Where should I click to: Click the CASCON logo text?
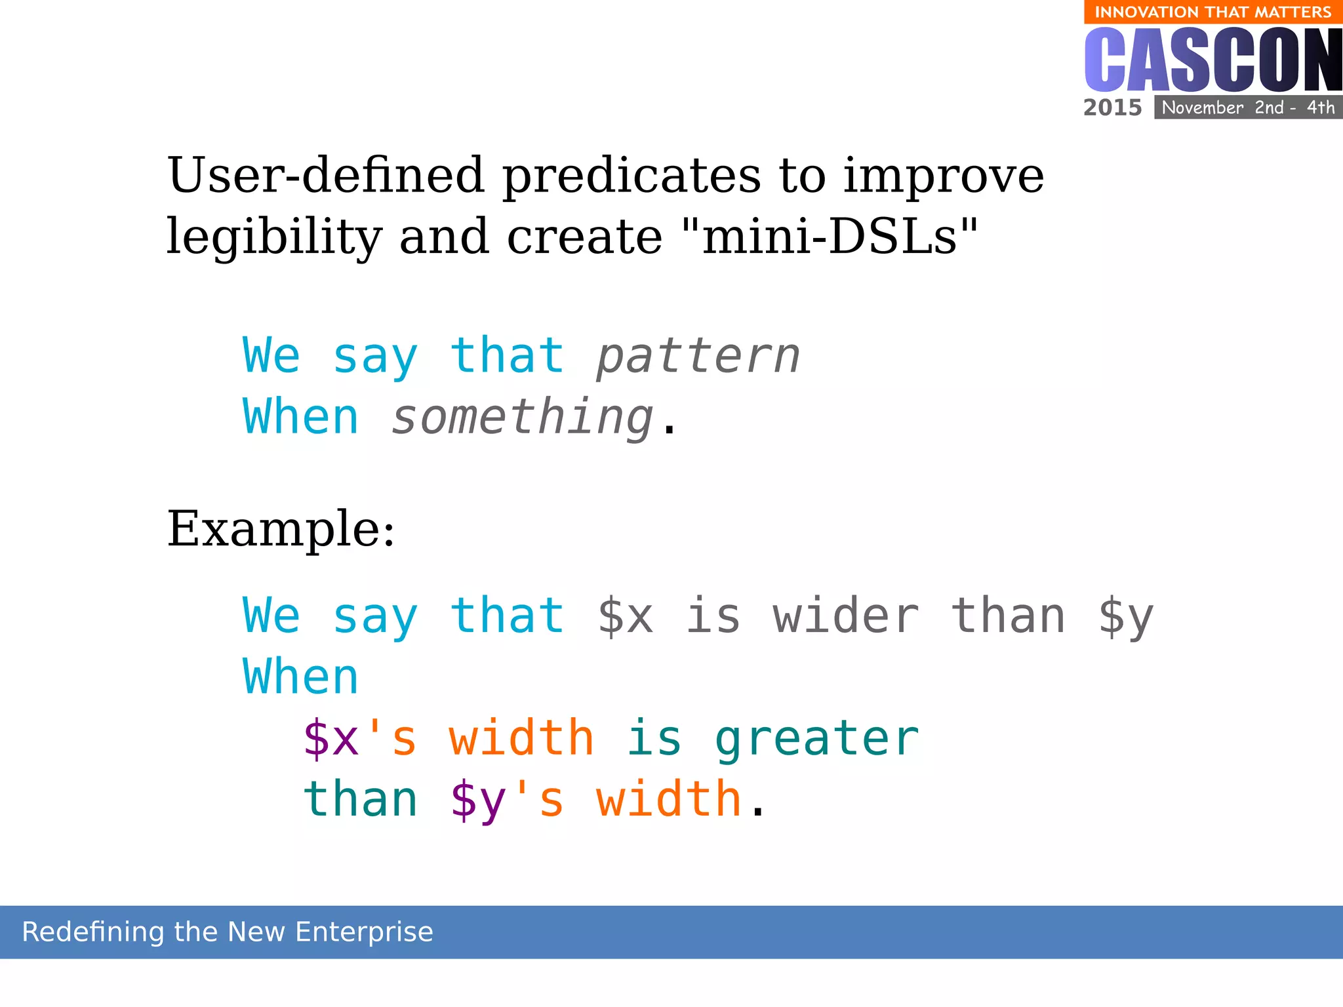tap(1213, 60)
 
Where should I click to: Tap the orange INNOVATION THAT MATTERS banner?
tap(1213, 12)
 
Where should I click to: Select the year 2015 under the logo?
tap(1112, 108)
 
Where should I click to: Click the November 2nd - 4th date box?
tap(1248, 108)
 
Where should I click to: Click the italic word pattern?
tap(698, 356)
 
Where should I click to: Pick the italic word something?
tap(523, 418)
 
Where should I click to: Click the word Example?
tap(281, 529)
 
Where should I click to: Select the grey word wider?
tap(845, 616)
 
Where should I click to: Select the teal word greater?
tap(816, 740)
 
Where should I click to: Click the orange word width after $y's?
tap(668, 799)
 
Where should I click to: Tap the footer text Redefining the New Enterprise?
tap(228, 932)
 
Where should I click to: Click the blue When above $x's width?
tap(301, 677)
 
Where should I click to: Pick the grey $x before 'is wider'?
tap(626, 616)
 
